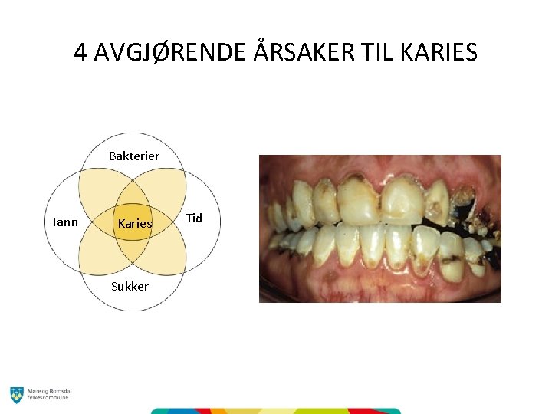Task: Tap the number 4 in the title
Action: tap(80, 52)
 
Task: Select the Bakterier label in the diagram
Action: tap(133, 156)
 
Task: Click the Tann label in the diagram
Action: tap(64, 222)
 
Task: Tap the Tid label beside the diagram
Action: tap(195, 219)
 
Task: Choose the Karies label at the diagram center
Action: tap(134, 224)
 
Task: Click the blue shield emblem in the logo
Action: tap(17, 394)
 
